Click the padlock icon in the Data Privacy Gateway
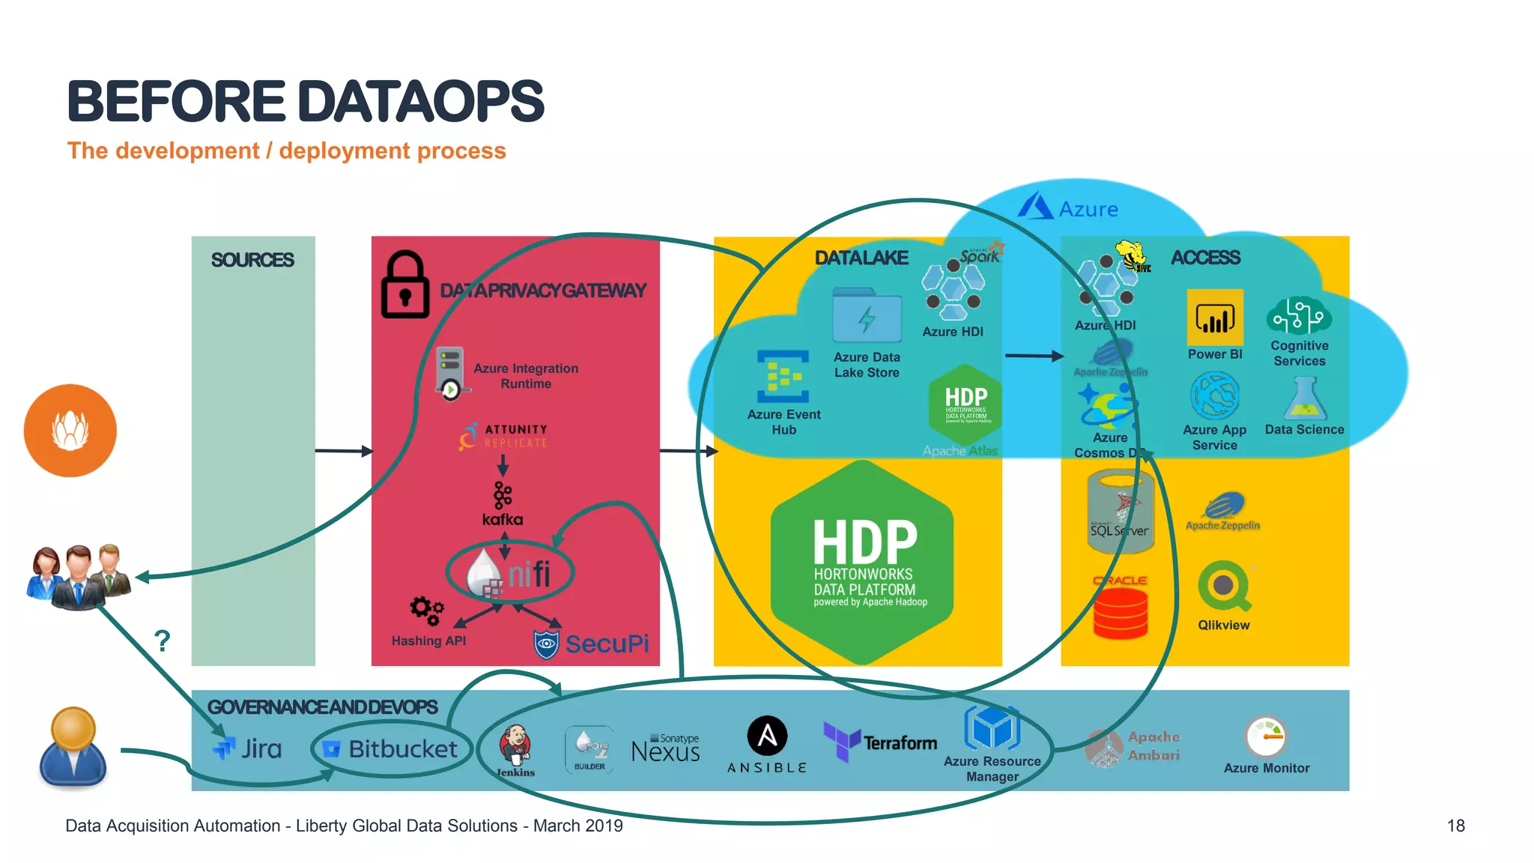405,285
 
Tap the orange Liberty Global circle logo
70,431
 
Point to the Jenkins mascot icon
515,745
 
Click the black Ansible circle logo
767,736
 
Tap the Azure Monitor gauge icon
1266,737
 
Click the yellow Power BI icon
1214,318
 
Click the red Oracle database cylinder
1121,612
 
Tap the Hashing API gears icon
427,610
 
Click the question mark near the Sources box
162,641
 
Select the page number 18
1455,826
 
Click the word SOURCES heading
252,260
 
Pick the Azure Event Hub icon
783,377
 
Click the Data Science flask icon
1305,399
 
